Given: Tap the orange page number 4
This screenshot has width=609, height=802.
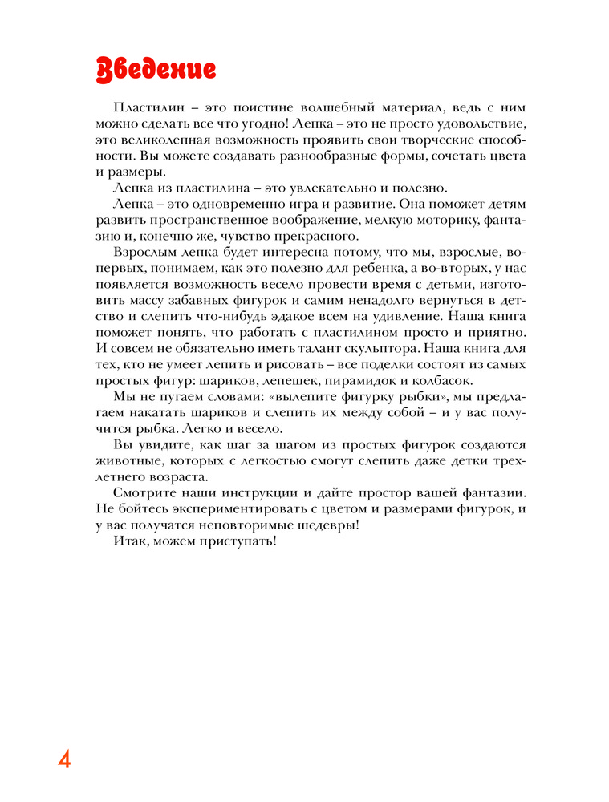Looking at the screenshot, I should point(64,759).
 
